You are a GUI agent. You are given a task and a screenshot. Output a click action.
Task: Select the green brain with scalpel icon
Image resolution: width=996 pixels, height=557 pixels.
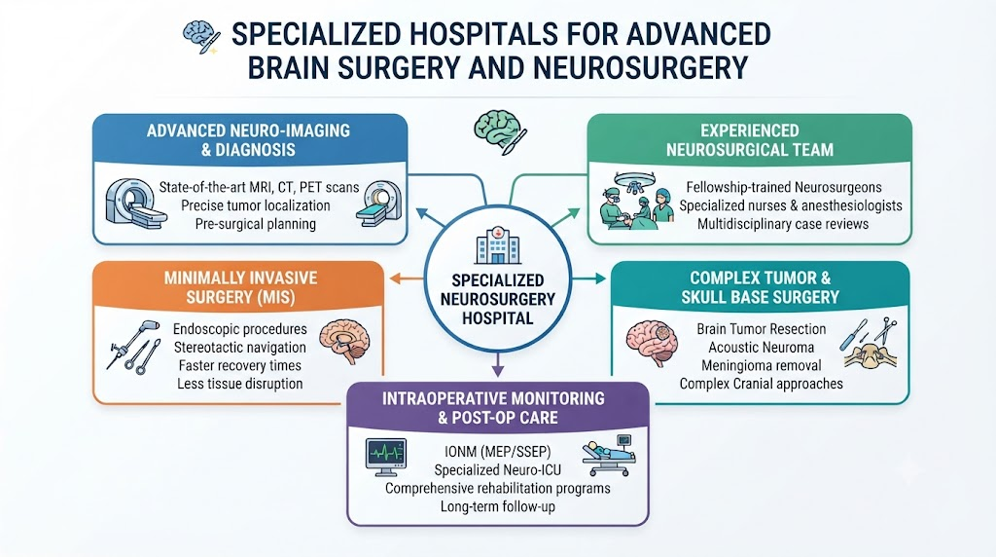(x=501, y=131)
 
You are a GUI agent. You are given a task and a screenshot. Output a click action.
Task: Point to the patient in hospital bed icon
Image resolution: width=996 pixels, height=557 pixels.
(x=609, y=456)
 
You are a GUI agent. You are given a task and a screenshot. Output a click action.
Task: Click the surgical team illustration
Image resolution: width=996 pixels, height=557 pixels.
(x=636, y=200)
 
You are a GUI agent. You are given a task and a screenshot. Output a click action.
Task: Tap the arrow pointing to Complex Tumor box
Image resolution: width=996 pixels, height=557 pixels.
(x=588, y=278)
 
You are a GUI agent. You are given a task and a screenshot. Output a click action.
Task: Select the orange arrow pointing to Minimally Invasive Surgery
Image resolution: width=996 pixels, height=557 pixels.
(x=406, y=278)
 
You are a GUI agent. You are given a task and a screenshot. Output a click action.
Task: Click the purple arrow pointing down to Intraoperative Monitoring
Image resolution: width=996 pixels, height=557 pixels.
(x=498, y=364)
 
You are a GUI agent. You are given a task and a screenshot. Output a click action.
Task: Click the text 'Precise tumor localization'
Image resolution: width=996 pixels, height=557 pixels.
(x=256, y=205)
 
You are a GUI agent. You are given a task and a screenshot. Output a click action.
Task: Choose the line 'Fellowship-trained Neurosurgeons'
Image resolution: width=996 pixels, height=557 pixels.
(x=784, y=187)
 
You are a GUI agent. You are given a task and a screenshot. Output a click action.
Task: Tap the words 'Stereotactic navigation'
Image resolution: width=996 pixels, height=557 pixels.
(x=240, y=348)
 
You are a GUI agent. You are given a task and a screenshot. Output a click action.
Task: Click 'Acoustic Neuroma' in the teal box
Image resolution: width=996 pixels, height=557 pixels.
(x=761, y=348)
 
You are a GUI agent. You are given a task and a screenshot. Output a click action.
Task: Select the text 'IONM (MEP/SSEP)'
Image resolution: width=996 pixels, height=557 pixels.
(x=497, y=452)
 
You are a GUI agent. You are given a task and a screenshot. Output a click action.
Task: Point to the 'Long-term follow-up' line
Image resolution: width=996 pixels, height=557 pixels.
(x=498, y=506)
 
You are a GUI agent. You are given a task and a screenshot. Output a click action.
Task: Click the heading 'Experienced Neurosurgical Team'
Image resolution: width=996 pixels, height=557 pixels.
(x=750, y=140)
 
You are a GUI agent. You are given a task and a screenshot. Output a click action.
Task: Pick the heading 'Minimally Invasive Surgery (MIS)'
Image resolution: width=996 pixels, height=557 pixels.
(x=241, y=287)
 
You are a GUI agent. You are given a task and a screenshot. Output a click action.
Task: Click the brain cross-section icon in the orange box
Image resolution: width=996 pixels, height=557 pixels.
(x=344, y=341)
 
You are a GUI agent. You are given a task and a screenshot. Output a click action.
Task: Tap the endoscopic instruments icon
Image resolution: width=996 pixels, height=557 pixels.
(x=133, y=348)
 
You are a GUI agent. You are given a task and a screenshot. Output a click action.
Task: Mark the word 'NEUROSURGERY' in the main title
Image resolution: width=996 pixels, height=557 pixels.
(x=640, y=68)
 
